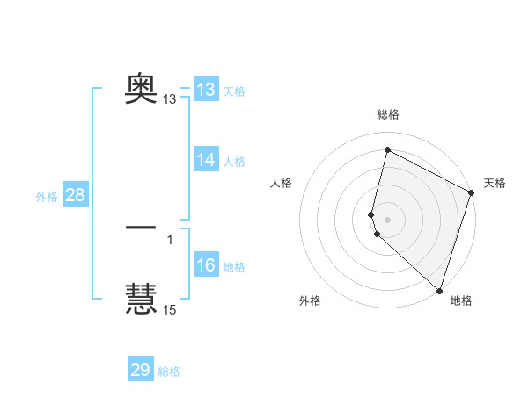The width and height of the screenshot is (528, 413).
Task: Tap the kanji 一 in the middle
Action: pos(141,228)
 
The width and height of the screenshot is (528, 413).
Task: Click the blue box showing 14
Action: pos(206,160)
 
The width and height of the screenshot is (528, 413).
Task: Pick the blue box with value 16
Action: pos(206,266)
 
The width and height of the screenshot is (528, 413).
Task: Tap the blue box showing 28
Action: pos(75,195)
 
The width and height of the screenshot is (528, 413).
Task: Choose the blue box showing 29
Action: pos(141,370)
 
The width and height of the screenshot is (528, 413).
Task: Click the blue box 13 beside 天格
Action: pos(206,90)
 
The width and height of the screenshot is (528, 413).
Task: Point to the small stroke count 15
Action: pos(170,310)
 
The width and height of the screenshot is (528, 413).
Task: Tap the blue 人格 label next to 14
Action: pos(234,162)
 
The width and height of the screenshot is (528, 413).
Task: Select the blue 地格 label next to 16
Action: pos(234,267)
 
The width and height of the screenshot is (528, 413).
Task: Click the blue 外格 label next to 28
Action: pos(47,197)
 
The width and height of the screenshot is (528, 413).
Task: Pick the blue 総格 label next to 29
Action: pos(169,372)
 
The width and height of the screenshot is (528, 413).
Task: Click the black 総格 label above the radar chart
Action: pos(388,114)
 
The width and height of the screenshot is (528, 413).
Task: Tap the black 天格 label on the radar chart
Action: pos(495,183)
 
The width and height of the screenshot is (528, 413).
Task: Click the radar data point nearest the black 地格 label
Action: pos(439,290)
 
